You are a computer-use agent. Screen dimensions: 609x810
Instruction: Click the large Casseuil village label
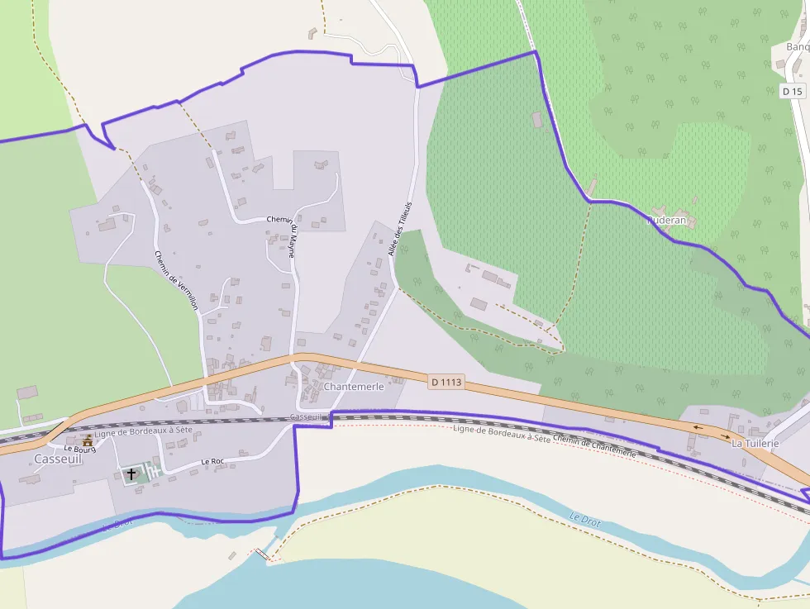click(x=58, y=459)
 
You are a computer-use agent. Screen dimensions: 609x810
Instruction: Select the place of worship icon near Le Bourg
click(x=88, y=439)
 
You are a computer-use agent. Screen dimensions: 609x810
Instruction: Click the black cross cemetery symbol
click(x=131, y=474)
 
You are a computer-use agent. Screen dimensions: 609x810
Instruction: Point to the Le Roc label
click(x=212, y=461)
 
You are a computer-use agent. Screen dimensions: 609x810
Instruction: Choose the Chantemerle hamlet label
click(x=355, y=387)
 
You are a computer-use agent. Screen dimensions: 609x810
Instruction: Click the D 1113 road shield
click(x=446, y=382)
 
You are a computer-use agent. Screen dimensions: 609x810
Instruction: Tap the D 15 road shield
click(x=792, y=91)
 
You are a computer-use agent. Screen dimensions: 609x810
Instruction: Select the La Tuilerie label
click(x=755, y=444)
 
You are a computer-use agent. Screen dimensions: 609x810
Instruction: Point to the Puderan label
click(x=666, y=221)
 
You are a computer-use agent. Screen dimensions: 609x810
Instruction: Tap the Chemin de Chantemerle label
click(x=594, y=447)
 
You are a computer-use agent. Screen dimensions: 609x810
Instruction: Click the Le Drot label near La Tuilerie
click(x=584, y=521)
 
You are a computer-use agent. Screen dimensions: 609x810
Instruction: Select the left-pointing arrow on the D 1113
click(x=699, y=427)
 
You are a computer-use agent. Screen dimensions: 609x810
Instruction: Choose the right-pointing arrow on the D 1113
click(x=724, y=435)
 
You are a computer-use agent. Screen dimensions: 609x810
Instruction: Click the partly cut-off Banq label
click(x=798, y=46)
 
